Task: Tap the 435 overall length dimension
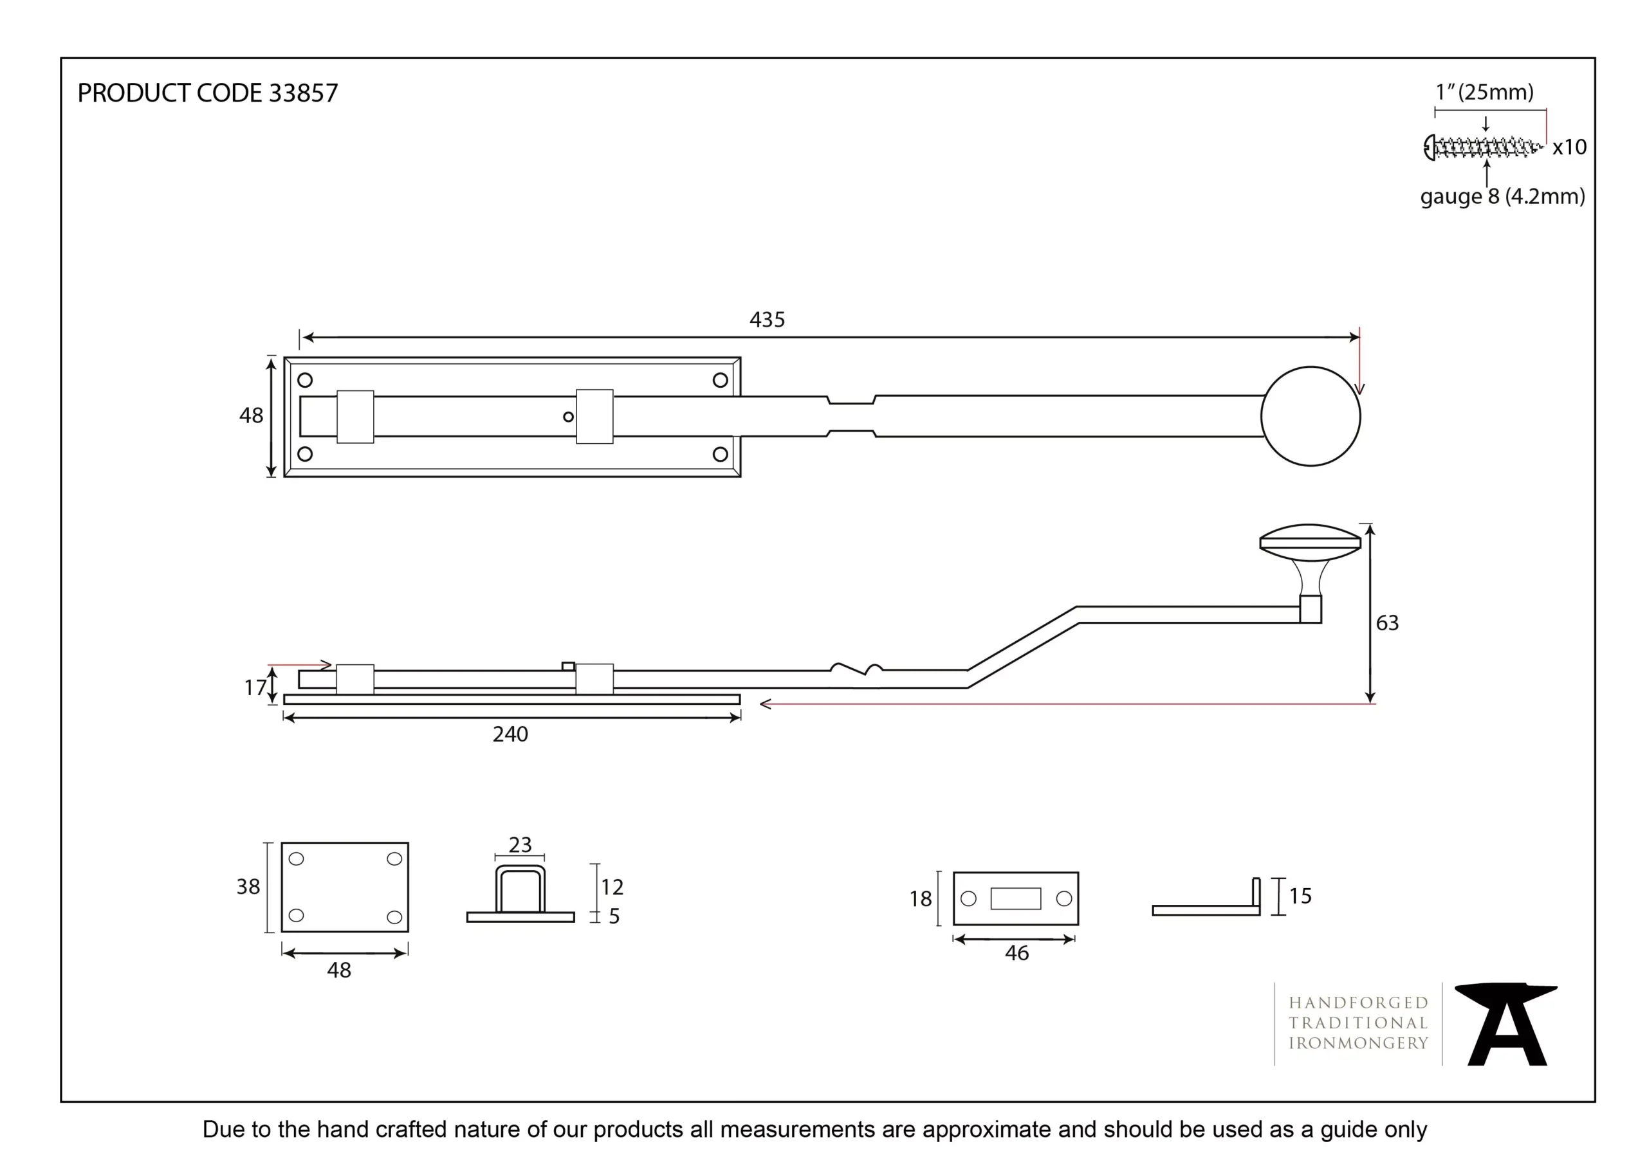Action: point(767,319)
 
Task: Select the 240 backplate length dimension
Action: point(510,734)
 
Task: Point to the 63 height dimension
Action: point(1386,623)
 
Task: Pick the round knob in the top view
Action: point(1310,417)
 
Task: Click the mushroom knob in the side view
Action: point(1310,543)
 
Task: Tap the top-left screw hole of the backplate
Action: point(305,380)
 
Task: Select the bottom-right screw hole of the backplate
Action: point(720,454)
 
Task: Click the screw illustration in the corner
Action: point(1482,148)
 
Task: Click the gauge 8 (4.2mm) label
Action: point(1502,197)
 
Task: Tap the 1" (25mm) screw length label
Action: point(1484,93)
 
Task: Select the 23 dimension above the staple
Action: point(520,845)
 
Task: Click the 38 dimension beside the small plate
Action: point(248,887)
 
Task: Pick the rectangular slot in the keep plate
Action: point(1015,898)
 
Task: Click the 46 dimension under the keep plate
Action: point(1017,953)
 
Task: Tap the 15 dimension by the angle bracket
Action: point(1300,896)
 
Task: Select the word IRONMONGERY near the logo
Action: point(1358,1044)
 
